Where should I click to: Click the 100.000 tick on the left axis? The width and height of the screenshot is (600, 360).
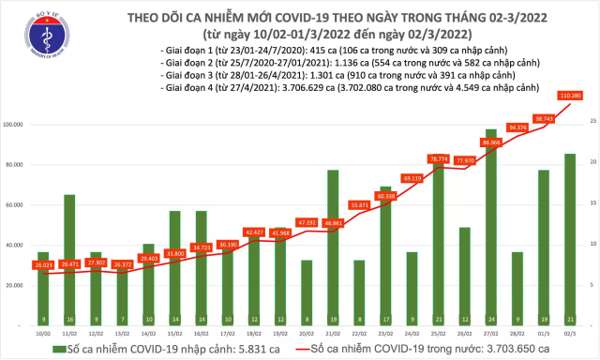coord(13,124)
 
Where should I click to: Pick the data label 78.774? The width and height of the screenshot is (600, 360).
coord(438,159)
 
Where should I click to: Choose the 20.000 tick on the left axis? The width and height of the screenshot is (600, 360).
coord(15,285)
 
